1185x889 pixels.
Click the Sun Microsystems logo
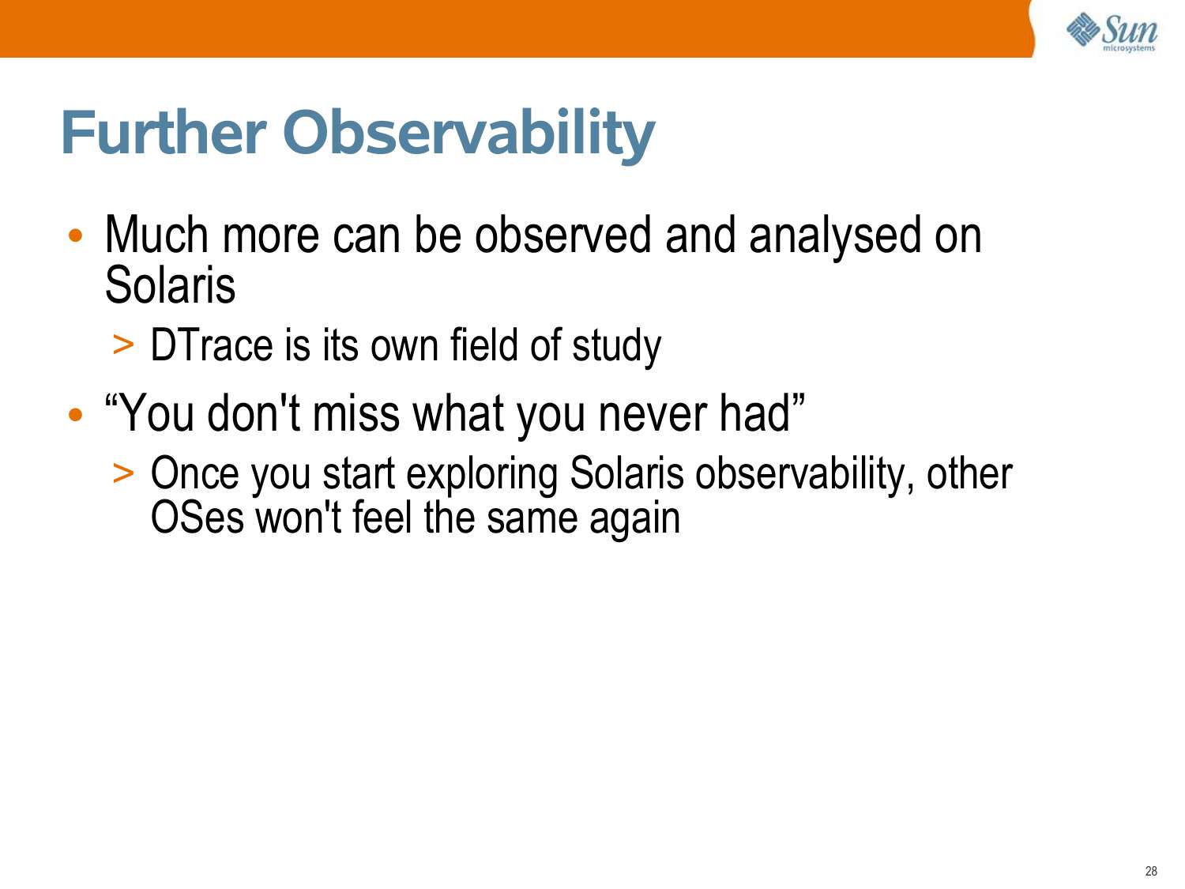tap(1112, 32)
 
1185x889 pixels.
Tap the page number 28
tap(1150, 871)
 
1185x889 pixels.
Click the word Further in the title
tap(164, 133)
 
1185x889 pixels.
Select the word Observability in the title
tap(468, 135)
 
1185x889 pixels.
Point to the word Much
tap(156, 235)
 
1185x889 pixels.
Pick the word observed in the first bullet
tap(562, 235)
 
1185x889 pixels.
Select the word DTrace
tap(212, 345)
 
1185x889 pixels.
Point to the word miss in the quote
tap(356, 414)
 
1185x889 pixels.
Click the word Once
tap(194, 473)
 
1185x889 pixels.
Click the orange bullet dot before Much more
tap(76, 235)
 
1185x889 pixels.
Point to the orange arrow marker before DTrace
tap(123, 345)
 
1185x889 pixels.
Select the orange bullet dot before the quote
tap(76, 415)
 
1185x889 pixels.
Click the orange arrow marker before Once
tap(123, 473)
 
